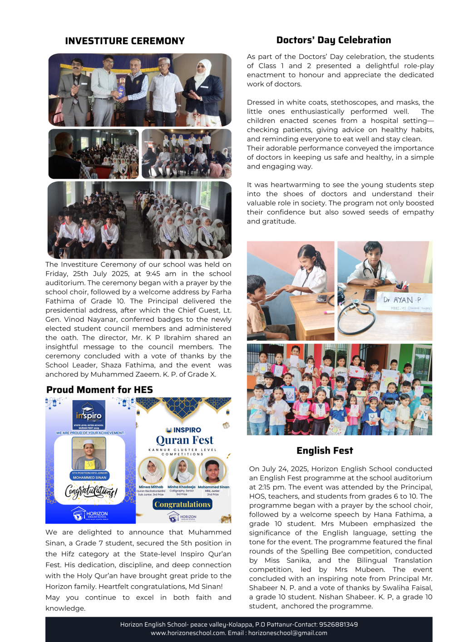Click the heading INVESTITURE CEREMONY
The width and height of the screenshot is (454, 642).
(x=125, y=41)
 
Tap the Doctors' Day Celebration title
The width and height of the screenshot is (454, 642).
(x=334, y=40)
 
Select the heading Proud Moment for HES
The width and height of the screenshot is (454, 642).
(x=99, y=390)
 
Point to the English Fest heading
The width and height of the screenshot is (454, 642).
(x=325, y=451)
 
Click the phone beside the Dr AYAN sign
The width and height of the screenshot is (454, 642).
(x=369, y=294)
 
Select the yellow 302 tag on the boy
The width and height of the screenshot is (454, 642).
(x=90, y=464)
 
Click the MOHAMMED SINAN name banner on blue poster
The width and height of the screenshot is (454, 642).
(x=89, y=477)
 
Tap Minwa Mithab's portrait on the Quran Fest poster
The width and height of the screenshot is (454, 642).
(x=151, y=470)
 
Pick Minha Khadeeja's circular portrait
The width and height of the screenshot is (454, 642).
(x=182, y=470)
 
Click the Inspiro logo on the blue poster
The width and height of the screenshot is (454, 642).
(x=89, y=415)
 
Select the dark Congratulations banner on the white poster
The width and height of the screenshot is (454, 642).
(x=183, y=504)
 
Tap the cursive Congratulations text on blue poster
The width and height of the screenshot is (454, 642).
(x=91, y=491)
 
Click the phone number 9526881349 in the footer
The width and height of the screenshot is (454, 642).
(x=338, y=624)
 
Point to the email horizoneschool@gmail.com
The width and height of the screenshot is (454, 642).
(x=287, y=633)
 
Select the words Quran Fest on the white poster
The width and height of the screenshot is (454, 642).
(x=184, y=440)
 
